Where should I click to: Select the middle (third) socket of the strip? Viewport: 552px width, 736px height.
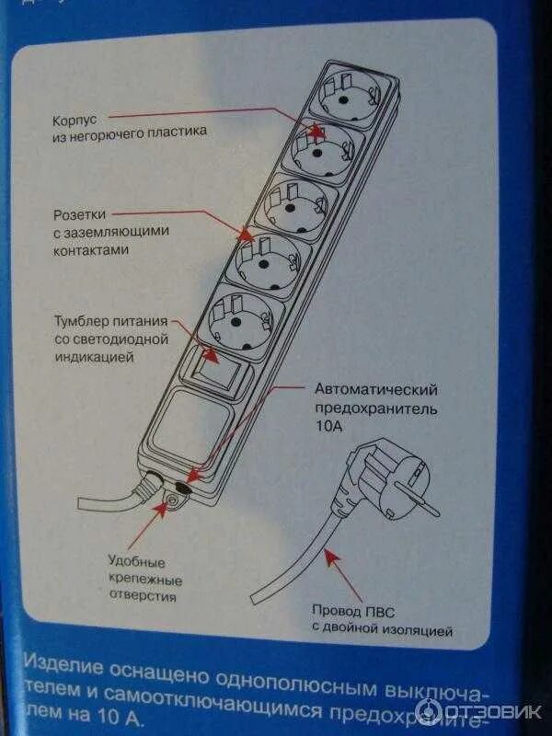[x=293, y=207]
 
